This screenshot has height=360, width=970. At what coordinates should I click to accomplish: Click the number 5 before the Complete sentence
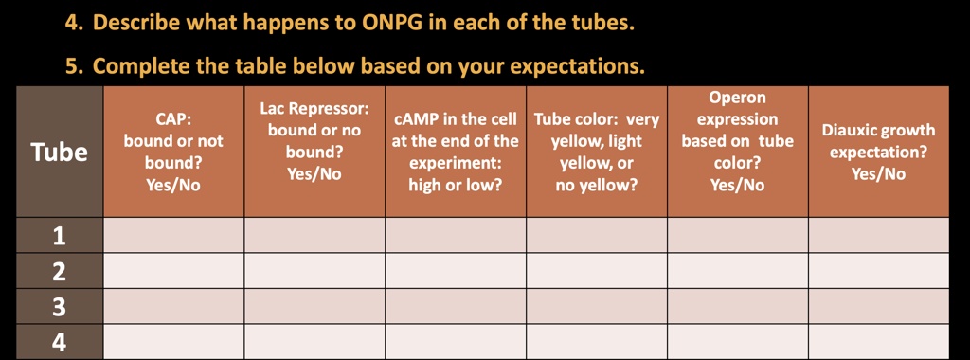pos(72,66)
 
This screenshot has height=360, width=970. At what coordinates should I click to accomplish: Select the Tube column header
pos(59,152)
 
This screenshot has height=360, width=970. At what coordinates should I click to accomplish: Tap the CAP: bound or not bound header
pos(173,152)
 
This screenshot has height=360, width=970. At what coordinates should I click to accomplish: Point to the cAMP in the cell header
pos(456,152)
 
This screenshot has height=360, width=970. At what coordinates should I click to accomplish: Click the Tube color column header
pos(597,152)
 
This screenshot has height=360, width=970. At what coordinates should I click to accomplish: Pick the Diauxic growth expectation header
pos(878,152)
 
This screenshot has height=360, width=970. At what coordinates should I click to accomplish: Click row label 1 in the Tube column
pos(59,236)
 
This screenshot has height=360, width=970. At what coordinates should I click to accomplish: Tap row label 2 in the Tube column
pos(59,272)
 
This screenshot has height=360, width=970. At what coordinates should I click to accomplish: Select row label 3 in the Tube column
pos(59,307)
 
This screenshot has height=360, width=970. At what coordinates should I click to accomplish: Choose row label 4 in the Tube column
pos(59,342)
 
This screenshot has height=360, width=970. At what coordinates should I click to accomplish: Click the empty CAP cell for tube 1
pos(173,236)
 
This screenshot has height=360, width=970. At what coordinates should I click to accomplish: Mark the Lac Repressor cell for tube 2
pos(314,272)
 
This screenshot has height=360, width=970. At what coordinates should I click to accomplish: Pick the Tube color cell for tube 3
pos(597,307)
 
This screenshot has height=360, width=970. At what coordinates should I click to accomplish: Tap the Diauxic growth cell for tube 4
pos(878,342)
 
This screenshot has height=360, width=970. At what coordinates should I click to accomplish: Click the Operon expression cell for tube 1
pos(738,236)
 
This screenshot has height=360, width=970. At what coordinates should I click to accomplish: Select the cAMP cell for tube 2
pos(456,272)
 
